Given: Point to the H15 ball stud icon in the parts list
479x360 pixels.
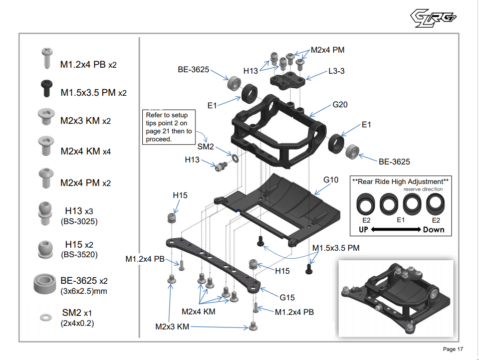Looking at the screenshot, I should (46, 248).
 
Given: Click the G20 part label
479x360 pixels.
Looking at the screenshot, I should (340, 105).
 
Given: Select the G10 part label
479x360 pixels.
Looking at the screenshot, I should (331, 179).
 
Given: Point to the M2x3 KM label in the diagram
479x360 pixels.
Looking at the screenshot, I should (172, 327).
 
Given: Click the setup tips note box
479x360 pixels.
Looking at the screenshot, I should (167, 127).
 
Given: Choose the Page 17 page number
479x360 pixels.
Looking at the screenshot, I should (453, 349).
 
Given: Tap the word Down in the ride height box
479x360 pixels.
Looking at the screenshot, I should (433, 230).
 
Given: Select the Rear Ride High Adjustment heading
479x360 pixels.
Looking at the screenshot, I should (400, 182).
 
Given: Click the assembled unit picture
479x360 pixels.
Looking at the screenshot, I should (396, 298).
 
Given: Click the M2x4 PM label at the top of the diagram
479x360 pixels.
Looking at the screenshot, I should (328, 50).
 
